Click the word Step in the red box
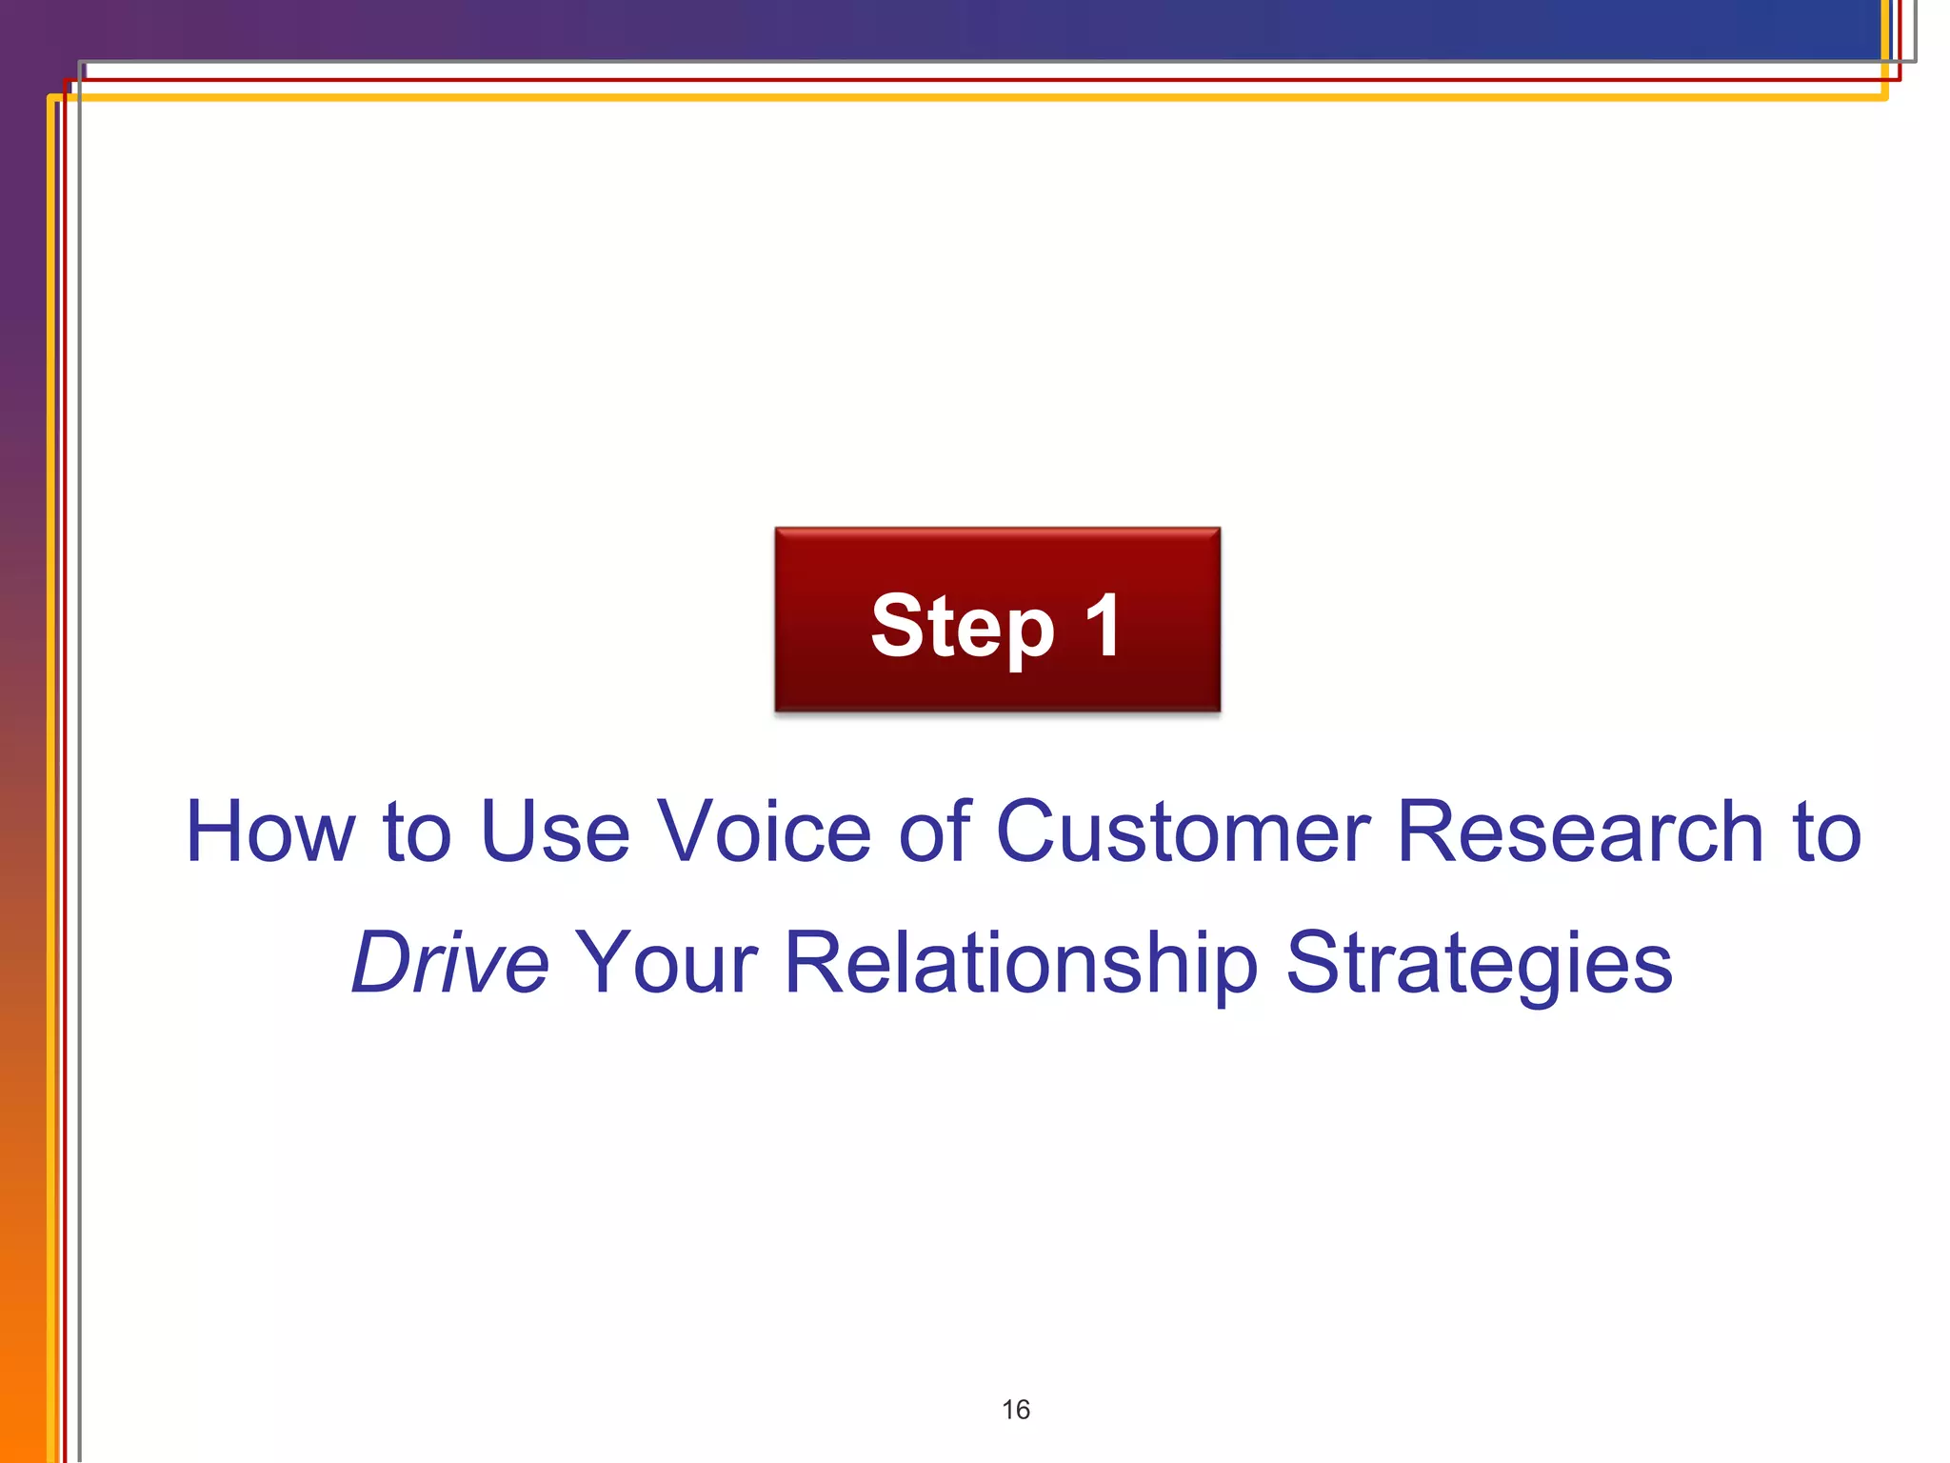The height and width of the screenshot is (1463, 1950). [962, 626]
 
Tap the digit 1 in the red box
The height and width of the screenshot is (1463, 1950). [1104, 626]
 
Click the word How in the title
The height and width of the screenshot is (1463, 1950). [269, 832]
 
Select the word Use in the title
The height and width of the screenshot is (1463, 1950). [554, 832]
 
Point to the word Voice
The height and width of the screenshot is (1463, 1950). [765, 832]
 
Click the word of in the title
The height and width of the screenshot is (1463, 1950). [933, 832]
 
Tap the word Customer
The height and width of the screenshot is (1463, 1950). [1183, 832]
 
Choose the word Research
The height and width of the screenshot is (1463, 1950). [1580, 832]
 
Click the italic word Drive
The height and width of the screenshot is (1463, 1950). [449, 963]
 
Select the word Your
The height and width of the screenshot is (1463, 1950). [666, 963]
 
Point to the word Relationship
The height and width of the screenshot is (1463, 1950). [1021, 963]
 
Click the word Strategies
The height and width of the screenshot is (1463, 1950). [1479, 963]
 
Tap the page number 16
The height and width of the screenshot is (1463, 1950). [1015, 1410]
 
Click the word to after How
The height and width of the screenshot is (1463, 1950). [416, 832]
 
